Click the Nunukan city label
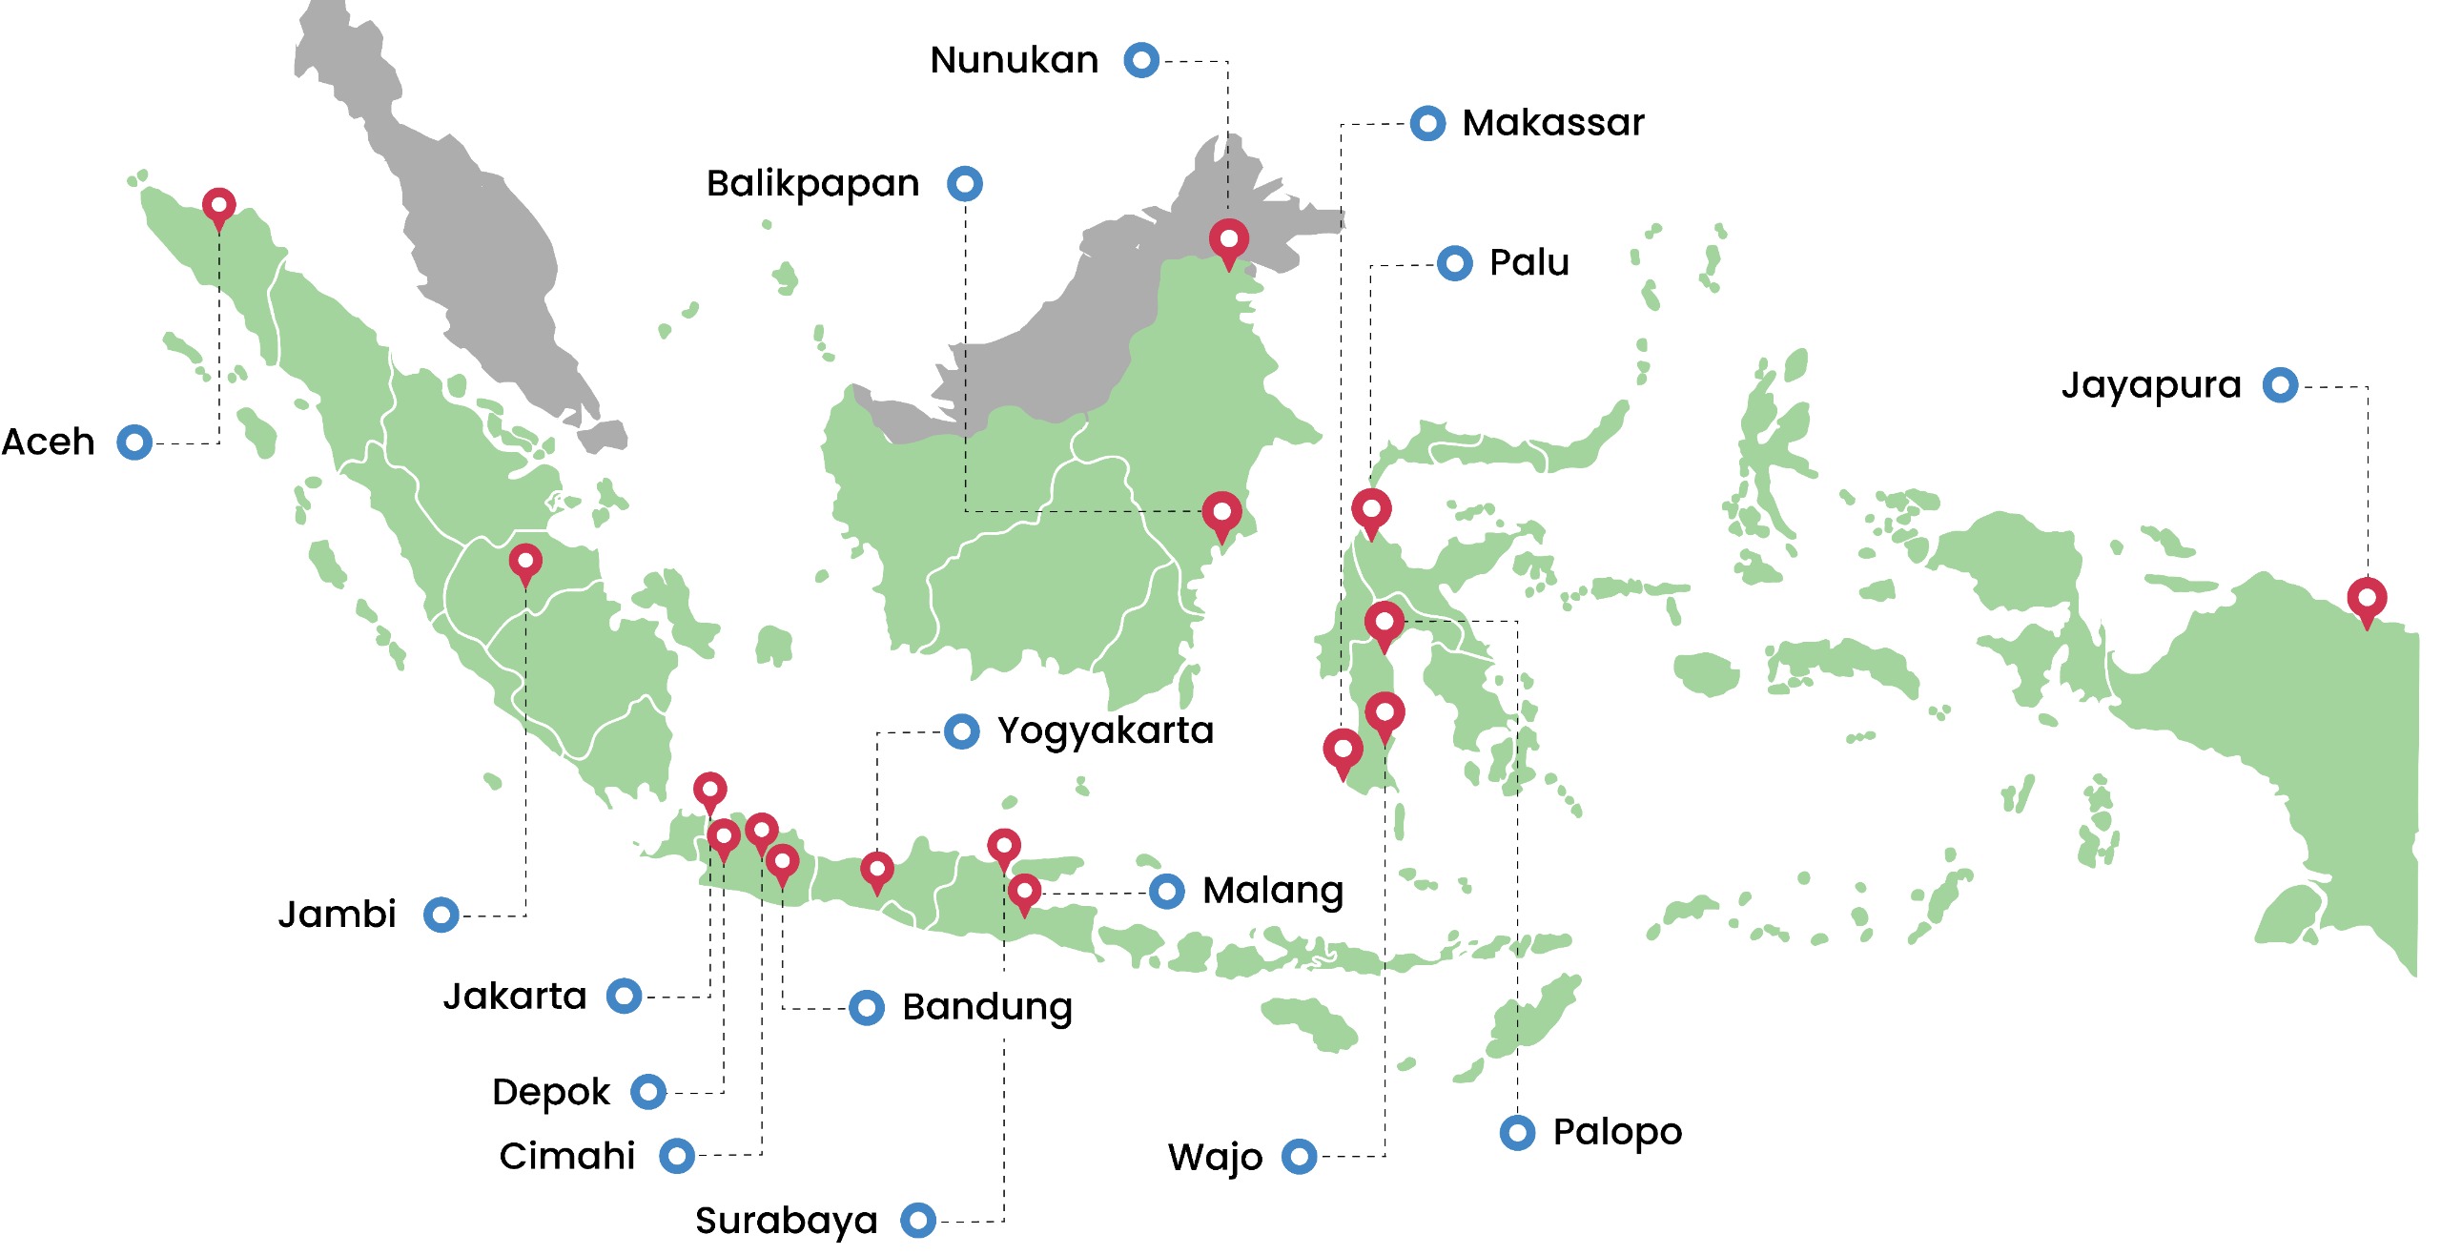[1014, 60]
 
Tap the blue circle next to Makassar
[1427, 123]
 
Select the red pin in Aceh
[219, 205]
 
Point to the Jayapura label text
[2150, 386]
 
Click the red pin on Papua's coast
[2367, 599]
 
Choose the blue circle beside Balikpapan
[965, 183]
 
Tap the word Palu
[1528, 262]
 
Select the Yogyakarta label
[1105, 731]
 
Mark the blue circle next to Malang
[1167, 892]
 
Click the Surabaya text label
[786, 1221]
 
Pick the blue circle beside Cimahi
[677, 1156]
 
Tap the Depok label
[550, 1092]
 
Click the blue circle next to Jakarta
[625, 997]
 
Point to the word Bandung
[987, 1008]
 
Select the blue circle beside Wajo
[1299, 1157]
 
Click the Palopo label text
[1617, 1133]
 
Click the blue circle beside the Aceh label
[134, 442]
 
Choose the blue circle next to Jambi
[441, 916]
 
